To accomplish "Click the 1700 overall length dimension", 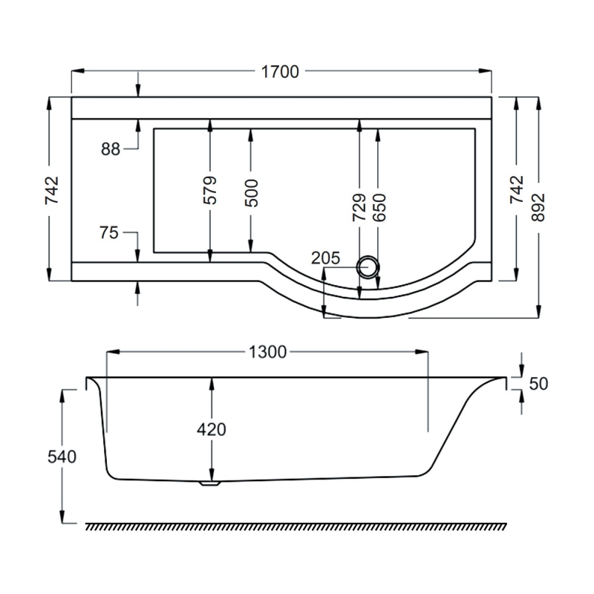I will (x=280, y=72).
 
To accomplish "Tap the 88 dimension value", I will (x=111, y=149).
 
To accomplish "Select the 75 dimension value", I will (x=109, y=232).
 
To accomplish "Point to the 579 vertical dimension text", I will (x=210, y=190).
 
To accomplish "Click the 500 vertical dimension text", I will (x=251, y=193).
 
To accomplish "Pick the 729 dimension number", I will (x=359, y=208).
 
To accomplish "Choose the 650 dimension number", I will (x=379, y=208).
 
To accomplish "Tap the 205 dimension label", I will (x=325, y=258).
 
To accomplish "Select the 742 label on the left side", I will (x=50, y=190).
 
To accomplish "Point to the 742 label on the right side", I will (x=517, y=190).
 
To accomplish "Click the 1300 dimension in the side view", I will (x=267, y=352).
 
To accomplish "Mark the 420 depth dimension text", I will (x=212, y=429).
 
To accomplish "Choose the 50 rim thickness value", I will (x=539, y=384).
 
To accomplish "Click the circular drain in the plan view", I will (x=368, y=267).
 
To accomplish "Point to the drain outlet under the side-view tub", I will (x=210, y=483).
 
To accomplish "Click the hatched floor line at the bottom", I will (x=297, y=526).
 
